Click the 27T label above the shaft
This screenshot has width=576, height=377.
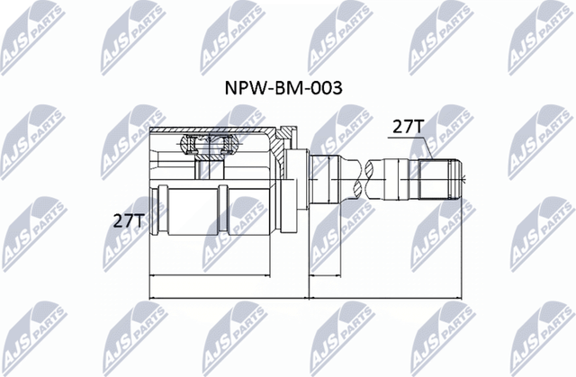407,127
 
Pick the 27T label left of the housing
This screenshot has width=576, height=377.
130,219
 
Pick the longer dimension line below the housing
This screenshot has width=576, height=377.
225,295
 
